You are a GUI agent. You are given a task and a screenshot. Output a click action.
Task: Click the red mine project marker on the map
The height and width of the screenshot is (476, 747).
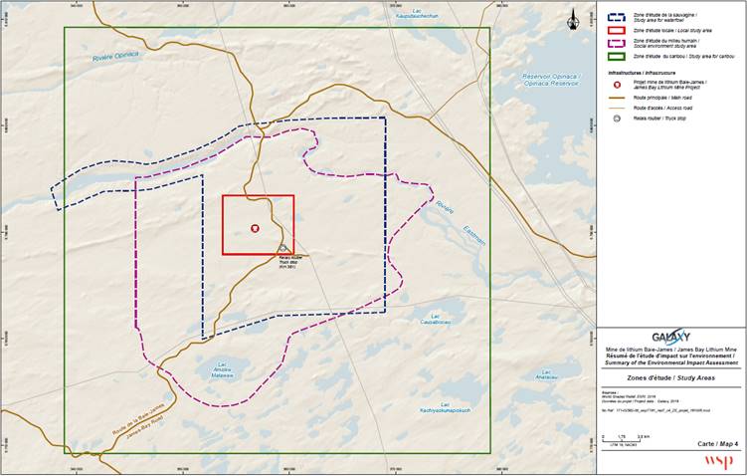click(255, 227)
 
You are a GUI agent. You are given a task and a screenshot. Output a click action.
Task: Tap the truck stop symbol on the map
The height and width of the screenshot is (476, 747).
click(283, 248)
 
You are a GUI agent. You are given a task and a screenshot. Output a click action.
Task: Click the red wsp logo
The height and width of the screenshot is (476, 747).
click(718, 460)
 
